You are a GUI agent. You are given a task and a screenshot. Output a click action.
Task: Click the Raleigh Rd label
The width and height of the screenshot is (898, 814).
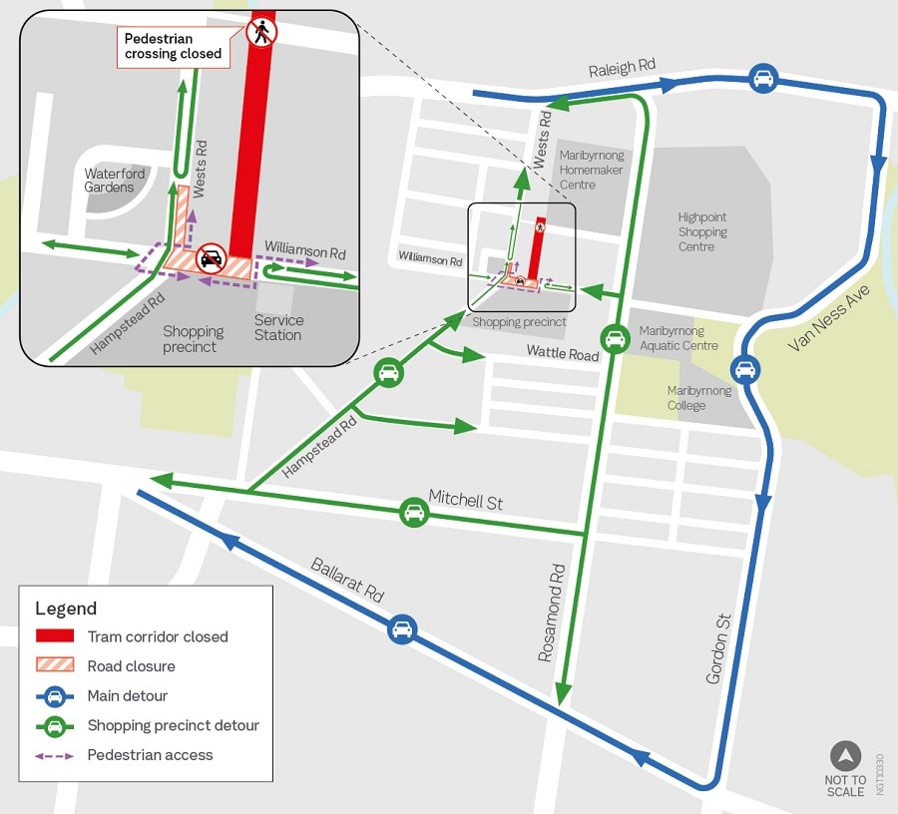(x=622, y=68)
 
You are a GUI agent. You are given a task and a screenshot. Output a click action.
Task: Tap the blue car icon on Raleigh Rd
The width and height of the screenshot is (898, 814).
(x=763, y=78)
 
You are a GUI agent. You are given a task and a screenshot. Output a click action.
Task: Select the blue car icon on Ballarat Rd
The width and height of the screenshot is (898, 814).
(x=402, y=629)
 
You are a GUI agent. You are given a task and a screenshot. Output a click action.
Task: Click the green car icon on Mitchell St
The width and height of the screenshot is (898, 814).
(x=414, y=513)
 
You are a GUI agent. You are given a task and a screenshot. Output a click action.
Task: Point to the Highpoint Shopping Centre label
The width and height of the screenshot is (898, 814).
(x=702, y=231)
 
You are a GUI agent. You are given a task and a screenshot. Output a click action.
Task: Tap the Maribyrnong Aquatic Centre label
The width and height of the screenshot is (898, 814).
(x=678, y=338)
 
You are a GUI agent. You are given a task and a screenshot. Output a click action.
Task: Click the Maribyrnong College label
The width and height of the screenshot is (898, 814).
(x=699, y=398)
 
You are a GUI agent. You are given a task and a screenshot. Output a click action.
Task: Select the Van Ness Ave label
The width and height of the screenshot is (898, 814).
(x=829, y=317)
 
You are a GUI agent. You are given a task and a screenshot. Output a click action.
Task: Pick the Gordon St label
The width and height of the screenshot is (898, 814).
(x=718, y=648)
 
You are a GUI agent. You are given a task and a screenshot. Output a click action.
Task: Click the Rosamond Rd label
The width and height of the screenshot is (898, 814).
(x=552, y=612)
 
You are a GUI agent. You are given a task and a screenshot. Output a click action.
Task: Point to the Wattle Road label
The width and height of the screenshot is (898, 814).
(x=563, y=354)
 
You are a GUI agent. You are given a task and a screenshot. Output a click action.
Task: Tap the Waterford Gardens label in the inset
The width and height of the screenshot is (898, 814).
(x=115, y=181)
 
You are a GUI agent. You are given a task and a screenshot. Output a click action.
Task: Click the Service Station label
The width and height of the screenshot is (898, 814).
(x=278, y=327)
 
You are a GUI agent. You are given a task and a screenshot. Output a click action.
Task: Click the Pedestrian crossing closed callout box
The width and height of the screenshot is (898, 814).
(x=173, y=47)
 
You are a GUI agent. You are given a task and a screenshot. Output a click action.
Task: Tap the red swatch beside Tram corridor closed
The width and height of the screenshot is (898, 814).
(x=55, y=636)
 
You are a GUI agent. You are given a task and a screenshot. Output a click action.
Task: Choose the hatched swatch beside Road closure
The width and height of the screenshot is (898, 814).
(x=55, y=666)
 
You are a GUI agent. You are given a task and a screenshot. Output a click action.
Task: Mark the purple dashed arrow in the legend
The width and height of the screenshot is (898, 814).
(x=55, y=755)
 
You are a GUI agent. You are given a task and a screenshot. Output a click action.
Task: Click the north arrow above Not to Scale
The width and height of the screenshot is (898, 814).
(x=845, y=756)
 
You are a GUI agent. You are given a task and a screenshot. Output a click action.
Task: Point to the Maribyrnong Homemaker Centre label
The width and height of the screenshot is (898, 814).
(x=592, y=170)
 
